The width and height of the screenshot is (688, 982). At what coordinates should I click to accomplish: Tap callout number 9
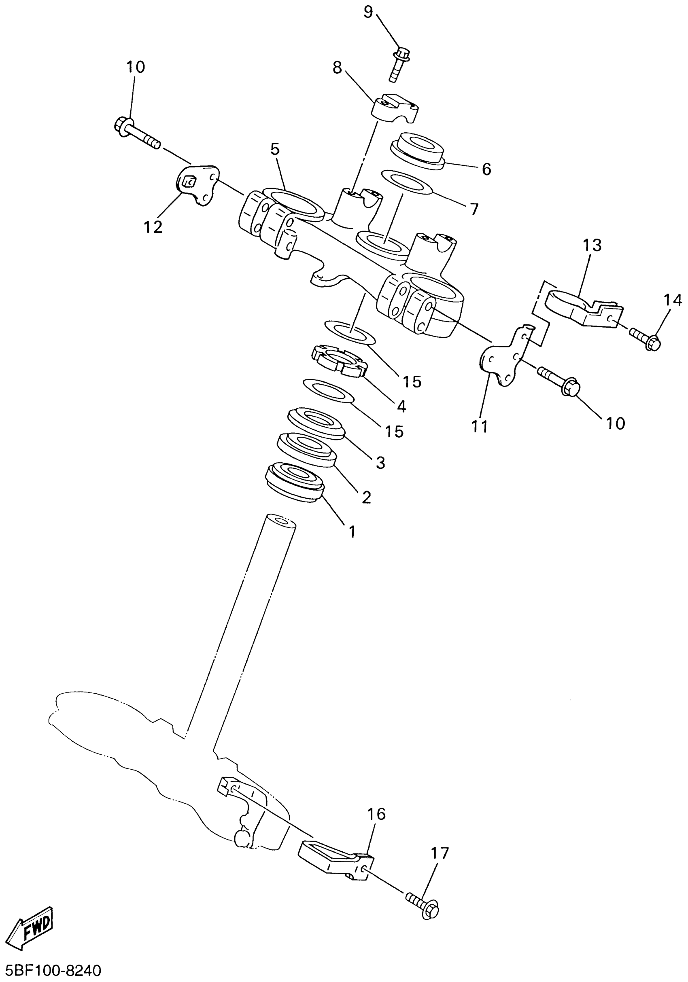(368, 12)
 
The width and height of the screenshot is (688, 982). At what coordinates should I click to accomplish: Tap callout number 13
(592, 245)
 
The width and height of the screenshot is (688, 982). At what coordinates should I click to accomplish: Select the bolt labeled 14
(645, 339)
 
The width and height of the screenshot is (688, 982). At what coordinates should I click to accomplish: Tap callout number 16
(376, 814)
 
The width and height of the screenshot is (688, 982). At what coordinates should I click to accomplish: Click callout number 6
(486, 169)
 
